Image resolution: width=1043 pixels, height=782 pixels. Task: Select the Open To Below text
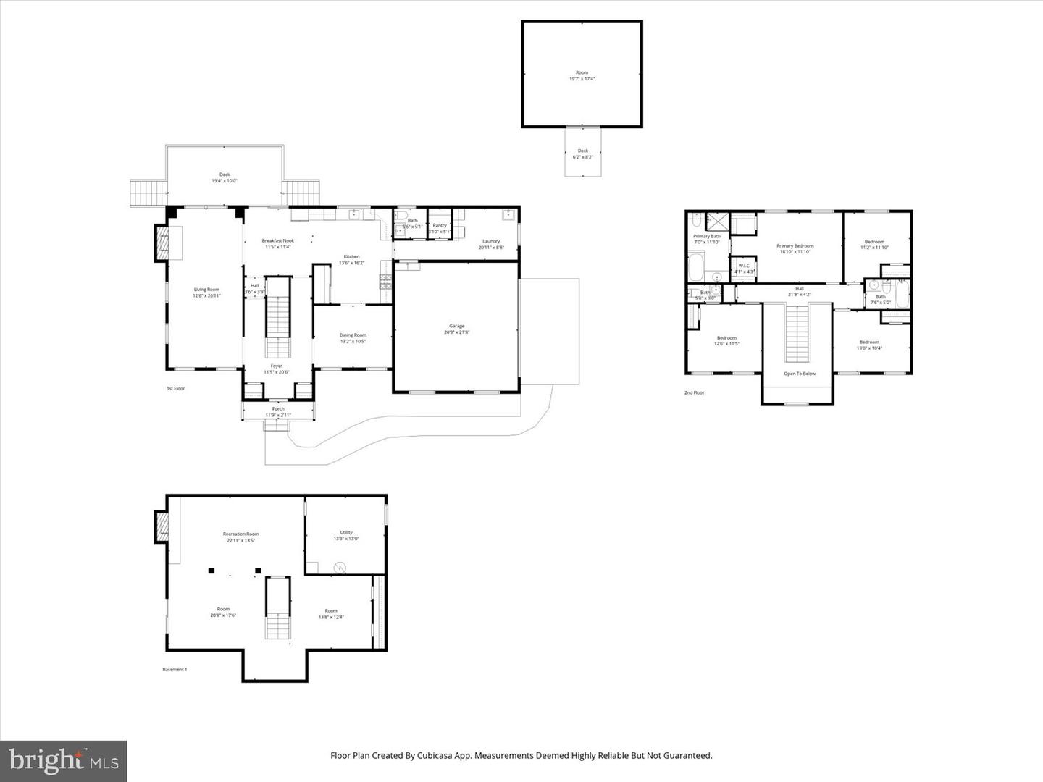tap(800, 374)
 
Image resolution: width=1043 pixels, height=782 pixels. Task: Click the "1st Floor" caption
tap(176, 389)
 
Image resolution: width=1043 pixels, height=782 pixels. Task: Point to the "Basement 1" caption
tap(175, 670)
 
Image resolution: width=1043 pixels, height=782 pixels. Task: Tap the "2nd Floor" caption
tap(694, 392)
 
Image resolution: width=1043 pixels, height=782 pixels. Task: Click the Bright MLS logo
tap(64, 761)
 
